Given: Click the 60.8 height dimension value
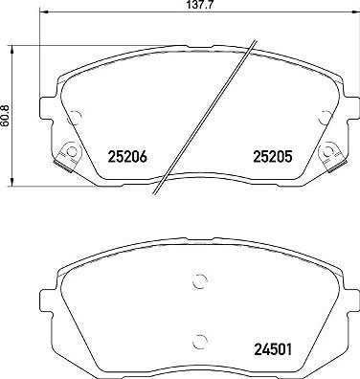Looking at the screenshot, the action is (x=4, y=116).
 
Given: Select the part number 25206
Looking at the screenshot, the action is (x=127, y=157).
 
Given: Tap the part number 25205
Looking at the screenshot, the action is (x=273, y=157).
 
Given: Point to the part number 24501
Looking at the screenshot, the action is (x=273, y=349).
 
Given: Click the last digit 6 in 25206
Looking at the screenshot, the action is (x=143, y=157).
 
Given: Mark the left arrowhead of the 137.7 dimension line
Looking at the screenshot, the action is (x=43, y=12).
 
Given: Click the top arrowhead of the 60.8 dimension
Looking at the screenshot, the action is (x=12, y=49).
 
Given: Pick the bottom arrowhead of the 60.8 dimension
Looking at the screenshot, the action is (x=12, y=182).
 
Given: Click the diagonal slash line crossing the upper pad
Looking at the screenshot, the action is (x=204, y=117).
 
